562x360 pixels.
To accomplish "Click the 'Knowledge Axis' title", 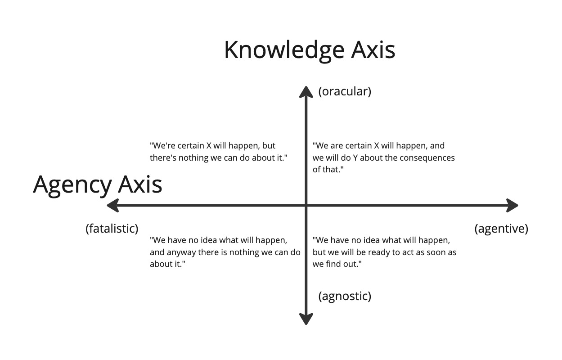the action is click(310, 50).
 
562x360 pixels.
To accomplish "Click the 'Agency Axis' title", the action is click(98, 185).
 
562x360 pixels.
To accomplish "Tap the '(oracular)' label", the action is click(345, 91).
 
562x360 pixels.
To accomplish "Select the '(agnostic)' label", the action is click(345, 296).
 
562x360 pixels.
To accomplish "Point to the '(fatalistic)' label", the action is click(112, 229).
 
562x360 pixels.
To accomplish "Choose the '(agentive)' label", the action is click(501, 229).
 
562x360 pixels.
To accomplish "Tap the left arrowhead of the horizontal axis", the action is click(112, 206).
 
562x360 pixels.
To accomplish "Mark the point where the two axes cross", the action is click(306, 206).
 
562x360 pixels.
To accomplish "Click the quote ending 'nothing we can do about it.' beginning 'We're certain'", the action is click(219, 152).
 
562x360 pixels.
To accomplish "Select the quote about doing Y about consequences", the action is click(384, 157).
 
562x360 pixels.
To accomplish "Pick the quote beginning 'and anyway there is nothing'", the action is click(225, 252).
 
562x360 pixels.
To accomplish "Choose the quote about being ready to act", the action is click(384, 252).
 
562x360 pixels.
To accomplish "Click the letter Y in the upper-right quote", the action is click(355, 158).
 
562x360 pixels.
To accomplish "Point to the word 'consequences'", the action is click(427, 158).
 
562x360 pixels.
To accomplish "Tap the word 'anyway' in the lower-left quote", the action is click(181, 253).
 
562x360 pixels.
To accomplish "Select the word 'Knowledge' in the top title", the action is click(284, 50).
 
